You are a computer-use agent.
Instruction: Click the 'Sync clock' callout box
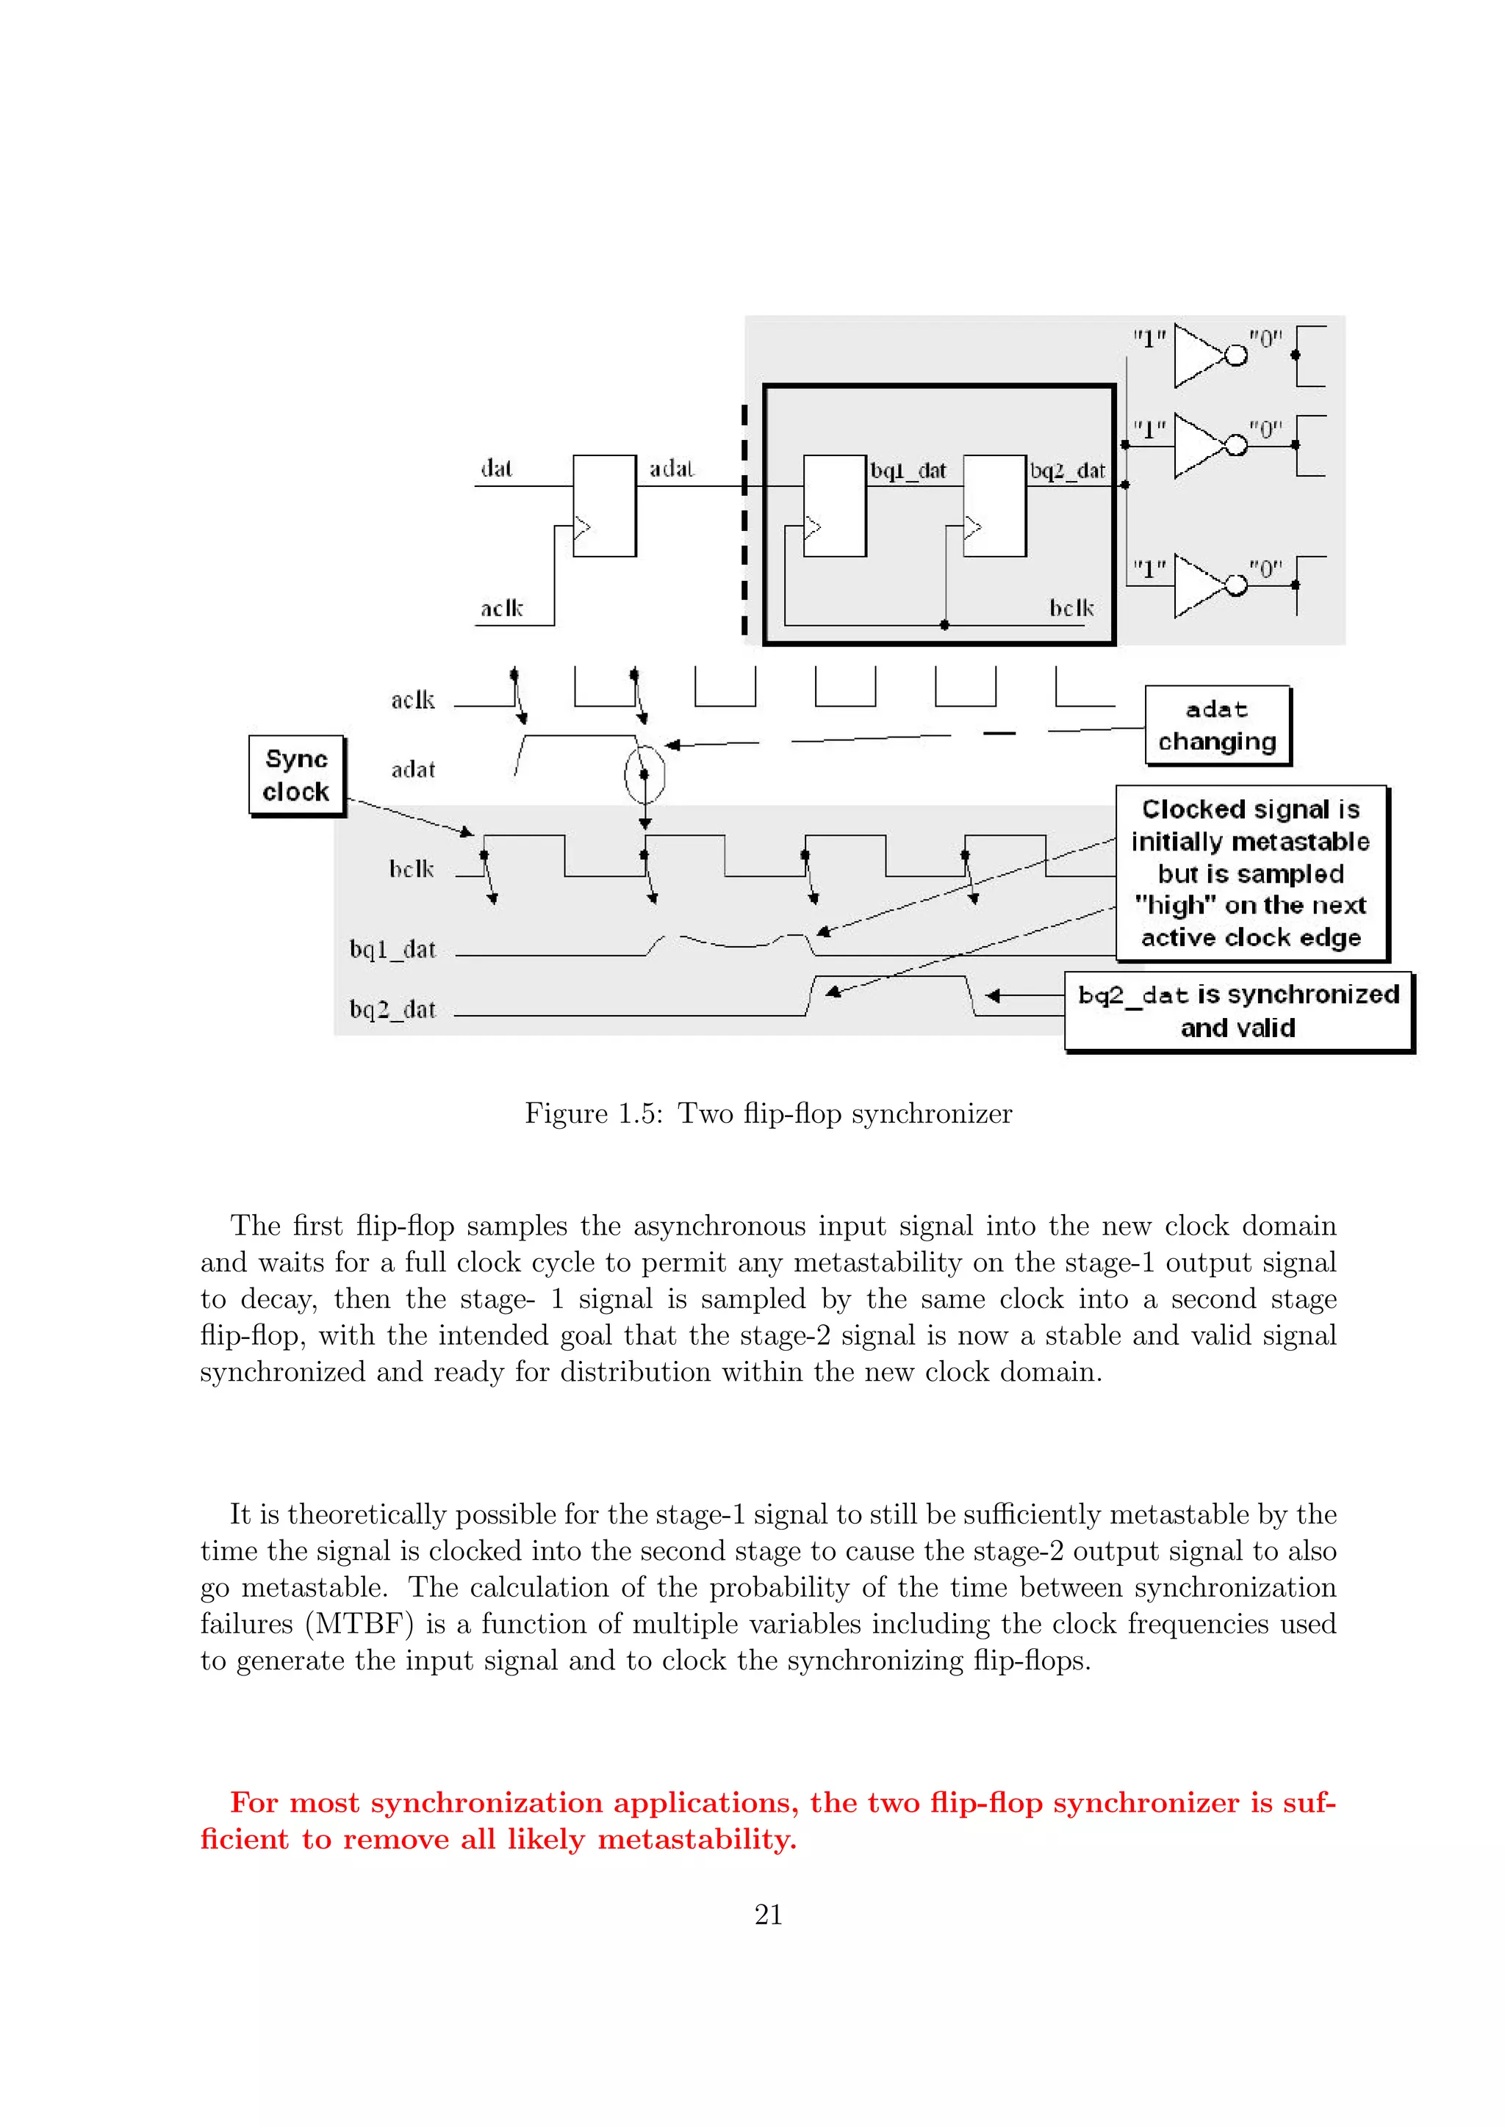(x=297, y=776)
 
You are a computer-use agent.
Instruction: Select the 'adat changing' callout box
(x=1217, y=726)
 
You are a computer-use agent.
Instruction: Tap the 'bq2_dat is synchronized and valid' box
(x=1238, y=1011)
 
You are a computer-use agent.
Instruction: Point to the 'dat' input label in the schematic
(x=496, y=469)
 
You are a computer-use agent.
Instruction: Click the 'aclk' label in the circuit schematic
(x=501, y=609)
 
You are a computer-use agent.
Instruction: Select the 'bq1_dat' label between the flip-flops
(x=908, y=471)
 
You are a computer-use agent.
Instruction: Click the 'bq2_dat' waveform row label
(x=392, y=1009)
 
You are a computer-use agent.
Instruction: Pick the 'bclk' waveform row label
(x=412, y=869)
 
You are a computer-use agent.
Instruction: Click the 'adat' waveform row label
(x=412, y=770)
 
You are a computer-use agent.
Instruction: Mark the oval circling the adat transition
(x=645, y=774)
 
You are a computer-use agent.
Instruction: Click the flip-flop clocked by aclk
(x=604, y=506)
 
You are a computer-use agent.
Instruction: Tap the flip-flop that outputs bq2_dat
(x=994, y=506)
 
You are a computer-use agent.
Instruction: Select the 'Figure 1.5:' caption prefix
(x=593, y=1113)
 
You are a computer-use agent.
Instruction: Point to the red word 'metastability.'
(x=697, y=1839)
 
